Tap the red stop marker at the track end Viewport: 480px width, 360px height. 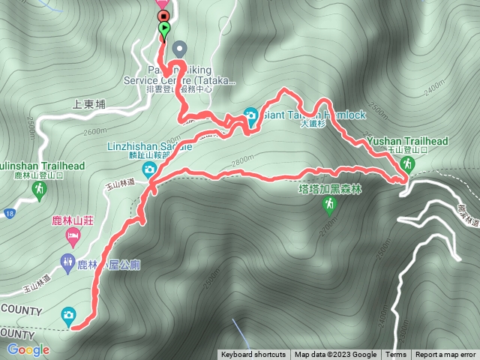coord(163,15)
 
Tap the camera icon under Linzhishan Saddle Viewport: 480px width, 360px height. coord(150,169)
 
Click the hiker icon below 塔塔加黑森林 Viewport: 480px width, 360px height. coord(328,203)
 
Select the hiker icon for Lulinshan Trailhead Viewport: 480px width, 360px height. coord(38,192)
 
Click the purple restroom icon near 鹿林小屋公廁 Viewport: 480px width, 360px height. coord(66,262)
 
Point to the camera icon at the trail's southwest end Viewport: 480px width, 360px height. coord(69,315)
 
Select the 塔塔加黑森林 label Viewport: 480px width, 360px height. coord(330,189)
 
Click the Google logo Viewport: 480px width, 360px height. coord(28,349)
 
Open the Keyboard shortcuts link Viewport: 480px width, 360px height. coord(253,355)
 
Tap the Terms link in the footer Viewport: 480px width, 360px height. coord(396,355)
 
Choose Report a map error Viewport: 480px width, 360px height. coord(445,355)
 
